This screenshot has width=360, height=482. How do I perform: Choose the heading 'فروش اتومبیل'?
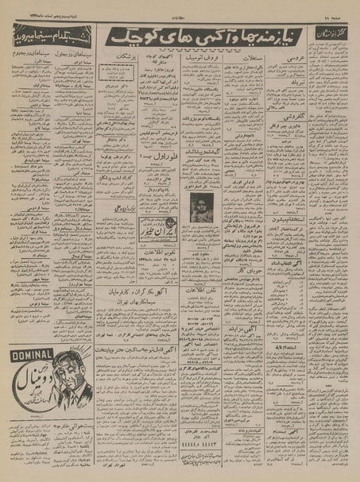coord(202,59)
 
